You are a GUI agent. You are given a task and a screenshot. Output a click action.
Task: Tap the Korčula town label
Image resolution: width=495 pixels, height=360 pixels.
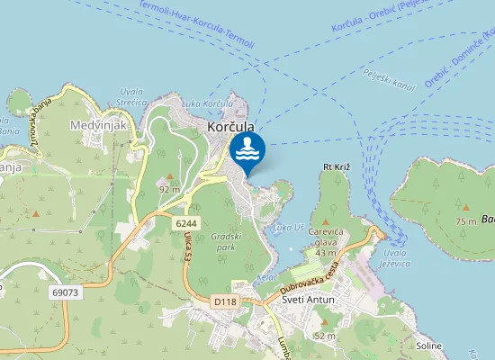(231, 128)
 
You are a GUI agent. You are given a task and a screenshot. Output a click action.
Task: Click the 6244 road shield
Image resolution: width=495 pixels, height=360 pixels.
(186, 222)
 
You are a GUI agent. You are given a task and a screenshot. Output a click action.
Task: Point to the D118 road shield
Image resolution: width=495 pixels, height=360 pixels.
(225, 301)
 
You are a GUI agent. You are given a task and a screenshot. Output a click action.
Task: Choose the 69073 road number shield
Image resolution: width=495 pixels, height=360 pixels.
(66, 292)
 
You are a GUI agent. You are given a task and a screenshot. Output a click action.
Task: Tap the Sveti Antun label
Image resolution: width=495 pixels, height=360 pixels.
(308, 300)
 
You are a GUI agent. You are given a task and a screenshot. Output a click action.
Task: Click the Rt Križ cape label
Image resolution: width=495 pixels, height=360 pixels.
(335, 167)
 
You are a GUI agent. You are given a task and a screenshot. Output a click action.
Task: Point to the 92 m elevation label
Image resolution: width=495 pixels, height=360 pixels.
(169, 189)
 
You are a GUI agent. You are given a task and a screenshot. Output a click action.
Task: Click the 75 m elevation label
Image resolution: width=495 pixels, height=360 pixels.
(465, 221)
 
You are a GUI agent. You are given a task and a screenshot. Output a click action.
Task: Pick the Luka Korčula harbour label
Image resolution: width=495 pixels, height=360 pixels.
(226, 104)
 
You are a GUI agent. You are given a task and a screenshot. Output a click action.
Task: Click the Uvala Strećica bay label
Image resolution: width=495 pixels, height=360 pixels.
(131, 97)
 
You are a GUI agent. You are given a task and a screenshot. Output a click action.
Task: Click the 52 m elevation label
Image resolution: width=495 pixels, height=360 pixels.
(324, 336)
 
